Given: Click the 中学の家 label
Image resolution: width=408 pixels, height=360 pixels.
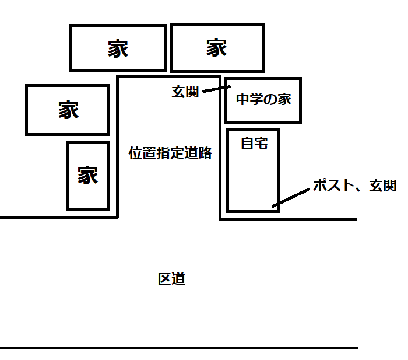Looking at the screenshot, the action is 263,99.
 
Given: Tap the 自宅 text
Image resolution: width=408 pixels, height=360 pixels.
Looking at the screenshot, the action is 254,144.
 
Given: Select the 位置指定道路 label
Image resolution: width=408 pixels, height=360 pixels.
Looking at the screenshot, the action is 170,153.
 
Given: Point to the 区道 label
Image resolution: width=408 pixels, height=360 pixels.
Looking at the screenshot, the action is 171,279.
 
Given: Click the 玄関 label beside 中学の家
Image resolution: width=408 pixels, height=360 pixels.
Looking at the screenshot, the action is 185,92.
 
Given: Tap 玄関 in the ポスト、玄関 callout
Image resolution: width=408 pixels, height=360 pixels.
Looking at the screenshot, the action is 383,186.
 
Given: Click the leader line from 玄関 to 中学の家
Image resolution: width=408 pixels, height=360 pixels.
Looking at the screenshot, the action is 216,89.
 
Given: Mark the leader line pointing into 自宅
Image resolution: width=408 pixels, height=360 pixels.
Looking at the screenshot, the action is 291,198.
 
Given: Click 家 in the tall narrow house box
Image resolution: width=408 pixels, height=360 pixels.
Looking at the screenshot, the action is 88,175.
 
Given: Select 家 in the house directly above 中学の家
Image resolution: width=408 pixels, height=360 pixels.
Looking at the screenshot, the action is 217,47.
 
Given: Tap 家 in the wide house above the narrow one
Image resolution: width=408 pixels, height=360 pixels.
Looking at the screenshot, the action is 68,110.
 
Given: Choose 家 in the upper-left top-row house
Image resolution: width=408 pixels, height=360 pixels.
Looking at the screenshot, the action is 118,48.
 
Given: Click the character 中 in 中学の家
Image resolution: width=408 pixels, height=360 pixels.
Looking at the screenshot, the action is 243,99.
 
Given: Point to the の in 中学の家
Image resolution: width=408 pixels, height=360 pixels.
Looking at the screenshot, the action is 270,100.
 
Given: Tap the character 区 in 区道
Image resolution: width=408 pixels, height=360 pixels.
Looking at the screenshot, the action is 165,279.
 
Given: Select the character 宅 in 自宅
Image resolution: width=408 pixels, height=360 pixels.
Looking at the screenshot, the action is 261,144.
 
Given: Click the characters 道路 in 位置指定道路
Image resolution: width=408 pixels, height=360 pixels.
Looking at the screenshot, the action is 198,153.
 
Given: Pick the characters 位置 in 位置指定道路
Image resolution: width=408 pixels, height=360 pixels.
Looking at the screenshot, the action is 142,153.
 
